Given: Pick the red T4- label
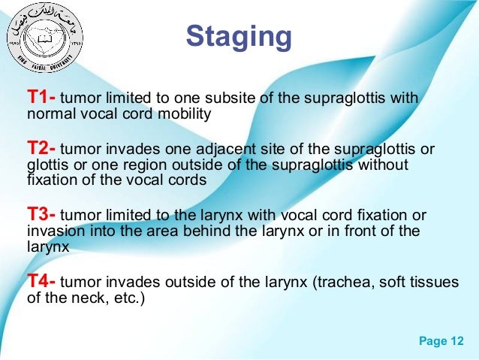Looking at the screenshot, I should pyautogui.click(x=41, y=283).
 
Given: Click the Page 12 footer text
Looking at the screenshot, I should pyautogui.click(x=441, y=342).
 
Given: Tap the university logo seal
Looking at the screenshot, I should pyautogui.click(x=44, y=35).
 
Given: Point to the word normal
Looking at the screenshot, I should pyautogui.click(x=49, y=116).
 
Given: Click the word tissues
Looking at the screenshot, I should pyautogui.click(x=433, y=284).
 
